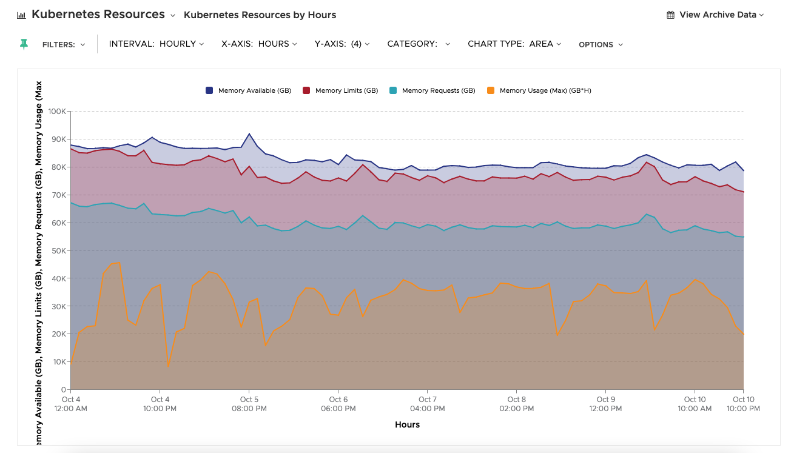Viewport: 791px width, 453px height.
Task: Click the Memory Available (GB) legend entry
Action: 249,90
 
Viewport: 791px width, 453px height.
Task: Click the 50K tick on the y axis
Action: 58,250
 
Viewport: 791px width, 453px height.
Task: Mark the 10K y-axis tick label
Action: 58,361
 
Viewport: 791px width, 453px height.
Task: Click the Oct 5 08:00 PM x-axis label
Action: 249,404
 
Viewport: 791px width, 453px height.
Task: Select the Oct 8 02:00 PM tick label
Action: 517,404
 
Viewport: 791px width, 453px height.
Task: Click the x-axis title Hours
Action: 407,424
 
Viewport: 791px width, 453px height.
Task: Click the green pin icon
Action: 24,44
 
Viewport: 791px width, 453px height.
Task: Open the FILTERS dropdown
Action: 64,44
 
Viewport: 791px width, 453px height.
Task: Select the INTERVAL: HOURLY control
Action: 156,44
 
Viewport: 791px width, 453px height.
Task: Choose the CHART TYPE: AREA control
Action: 514,44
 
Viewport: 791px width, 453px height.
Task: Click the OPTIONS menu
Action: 601,44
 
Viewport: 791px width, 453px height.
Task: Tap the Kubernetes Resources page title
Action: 98,14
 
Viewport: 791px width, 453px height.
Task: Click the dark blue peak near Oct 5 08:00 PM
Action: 249,133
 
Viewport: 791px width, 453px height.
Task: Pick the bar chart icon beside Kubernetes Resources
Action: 21,15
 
